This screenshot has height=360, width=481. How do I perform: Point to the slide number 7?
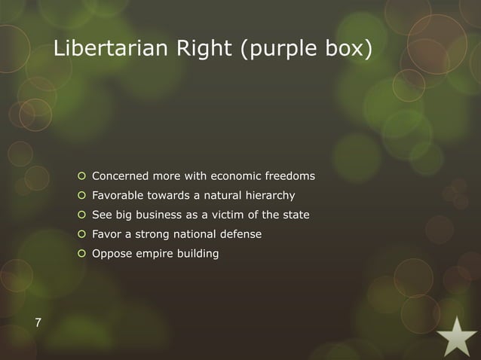[38, 325]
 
